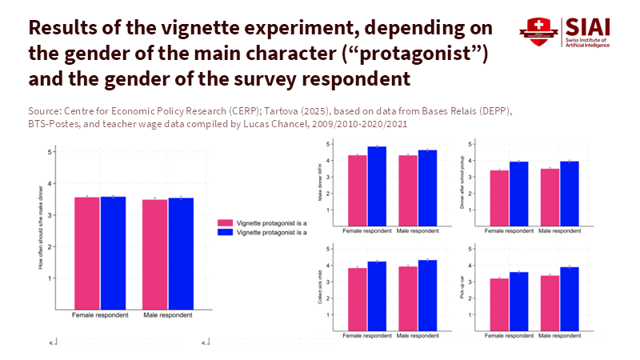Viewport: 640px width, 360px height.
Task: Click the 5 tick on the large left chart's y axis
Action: [x=50, y=152]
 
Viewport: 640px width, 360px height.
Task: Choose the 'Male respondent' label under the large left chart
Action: [x=168, y=314]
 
